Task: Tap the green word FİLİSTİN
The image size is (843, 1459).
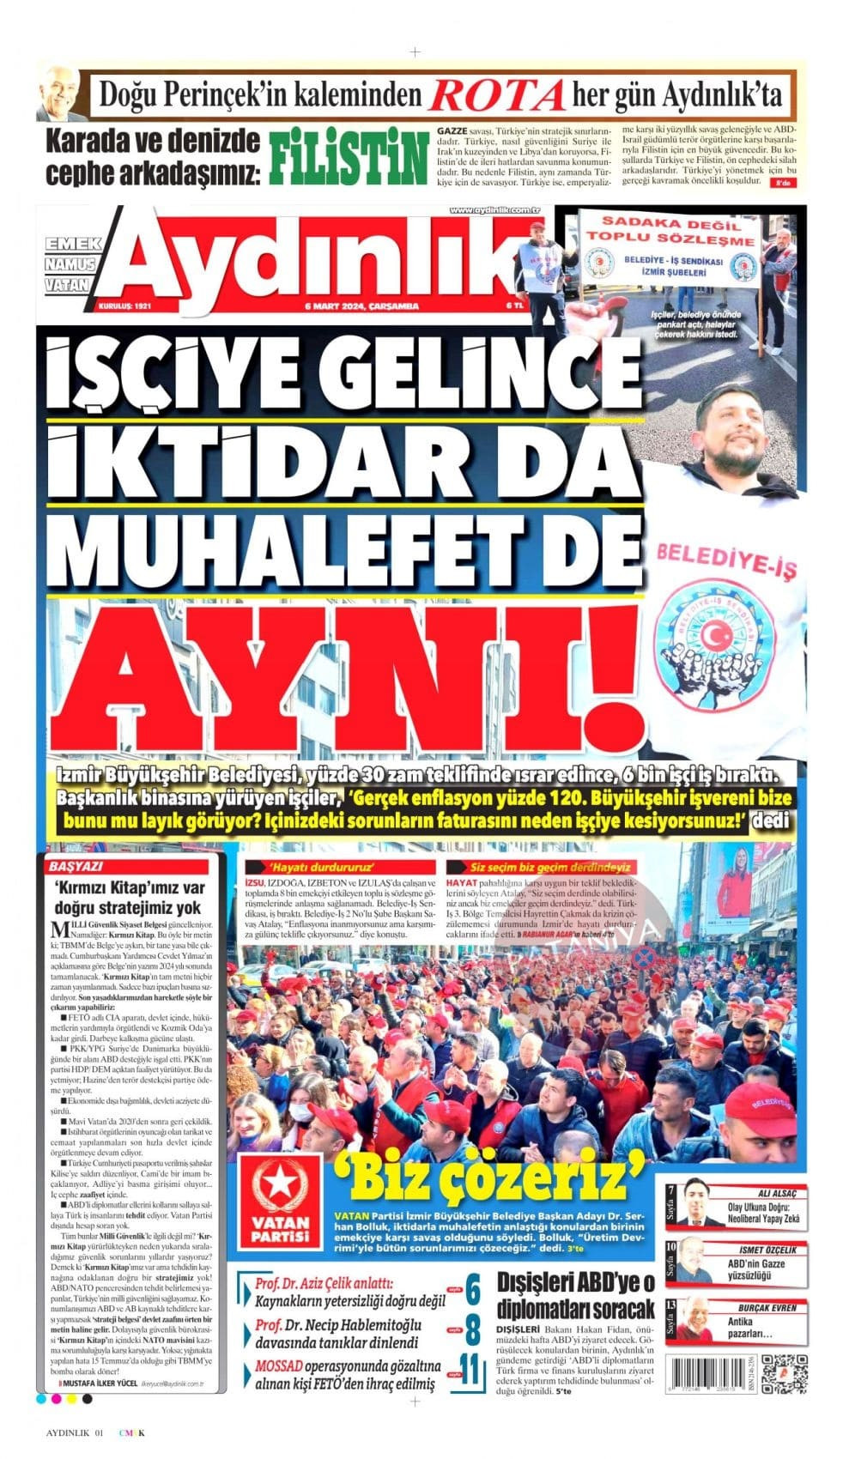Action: pyautogui.click(x=348, y=159)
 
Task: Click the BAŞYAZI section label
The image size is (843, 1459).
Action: pyautogui.click(x=76, y=867)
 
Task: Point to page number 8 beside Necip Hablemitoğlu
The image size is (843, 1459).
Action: pyautogui.click(x=471, y=1332)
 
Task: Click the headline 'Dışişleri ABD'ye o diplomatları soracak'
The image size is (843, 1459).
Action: pyautogui.click(x=575, y=1297)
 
